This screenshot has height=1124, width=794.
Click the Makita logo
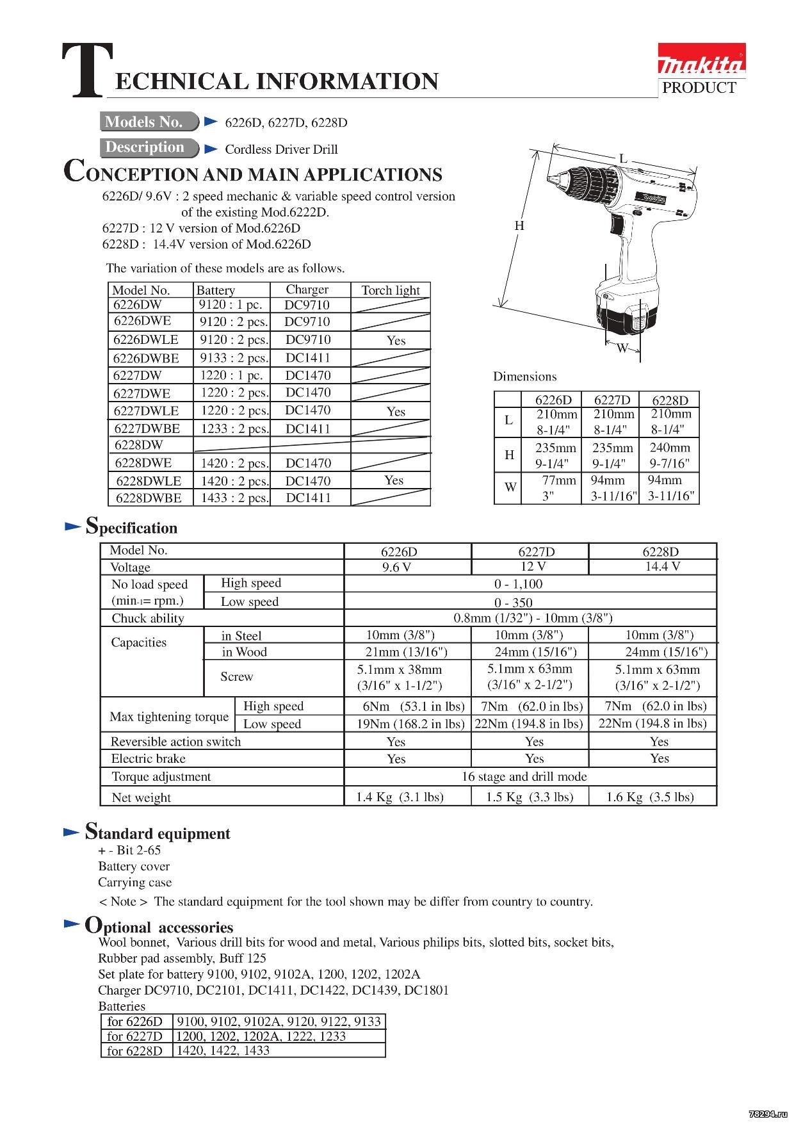point(702,63)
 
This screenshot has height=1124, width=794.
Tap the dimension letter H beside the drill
point(519,225)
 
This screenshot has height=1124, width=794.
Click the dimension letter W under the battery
point(622,349)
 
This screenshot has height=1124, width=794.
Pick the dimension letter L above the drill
point(623,159)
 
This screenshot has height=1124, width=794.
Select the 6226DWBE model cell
point(146,358)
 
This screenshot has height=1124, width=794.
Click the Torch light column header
point(391,290)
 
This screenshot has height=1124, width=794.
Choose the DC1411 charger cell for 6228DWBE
point(308,498)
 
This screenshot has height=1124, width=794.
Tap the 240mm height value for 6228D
point(670,448)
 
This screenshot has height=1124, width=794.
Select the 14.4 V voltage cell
point(662,566)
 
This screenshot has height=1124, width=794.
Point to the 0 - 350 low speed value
point(514,603)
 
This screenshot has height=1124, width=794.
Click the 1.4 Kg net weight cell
point(400,797)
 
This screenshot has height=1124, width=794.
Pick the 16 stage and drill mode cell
point(524,776)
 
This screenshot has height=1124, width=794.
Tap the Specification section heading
point(131,527)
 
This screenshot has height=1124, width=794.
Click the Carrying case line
point(135,882)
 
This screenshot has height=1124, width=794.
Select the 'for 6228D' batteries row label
point(135,1050)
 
